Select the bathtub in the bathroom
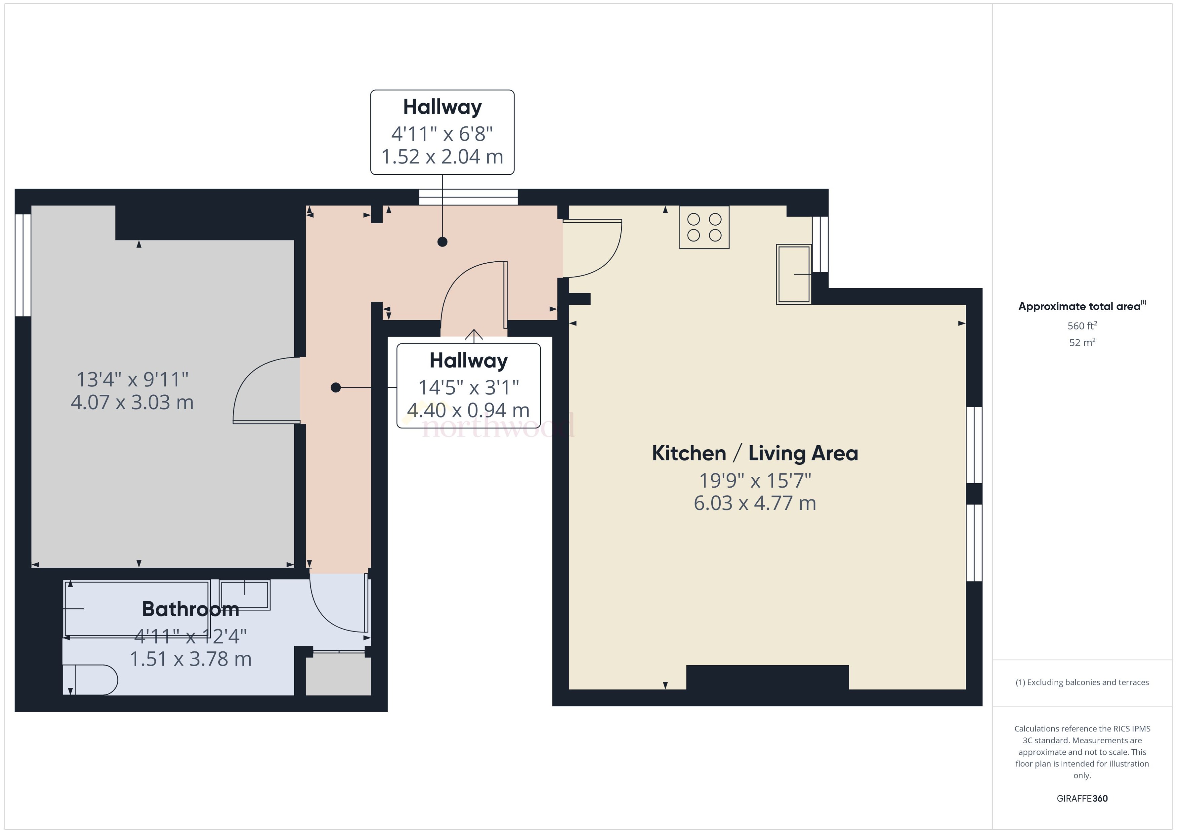137,608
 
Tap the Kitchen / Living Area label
754,453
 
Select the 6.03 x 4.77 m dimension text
754,503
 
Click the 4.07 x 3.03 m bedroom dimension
132,402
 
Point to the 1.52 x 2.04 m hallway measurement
442,156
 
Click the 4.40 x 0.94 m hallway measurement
468,410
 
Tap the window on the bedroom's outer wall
23,265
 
